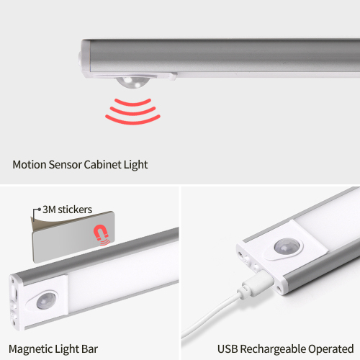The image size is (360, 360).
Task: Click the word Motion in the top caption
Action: (29, 165)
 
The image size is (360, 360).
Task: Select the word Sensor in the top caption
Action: (65, 165)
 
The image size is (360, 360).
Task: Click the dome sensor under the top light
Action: (132, 82)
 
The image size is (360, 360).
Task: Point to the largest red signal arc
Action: (132, 121)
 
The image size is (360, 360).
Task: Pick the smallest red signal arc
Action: (132, 103)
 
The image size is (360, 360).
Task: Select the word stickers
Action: (75, 210)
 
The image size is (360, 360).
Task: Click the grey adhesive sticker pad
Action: (73, 238)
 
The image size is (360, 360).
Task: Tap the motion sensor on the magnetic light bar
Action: (45, 300)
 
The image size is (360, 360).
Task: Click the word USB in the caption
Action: (228, 348)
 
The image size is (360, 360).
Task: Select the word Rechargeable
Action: (273, 349)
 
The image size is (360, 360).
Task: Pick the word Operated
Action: (331, 349)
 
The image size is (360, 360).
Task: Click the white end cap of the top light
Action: (86, 58)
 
